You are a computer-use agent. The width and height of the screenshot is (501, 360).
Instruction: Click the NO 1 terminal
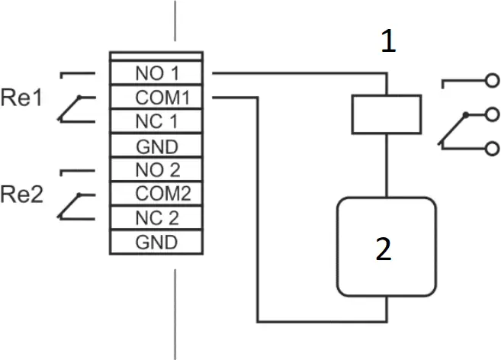[x=156, y=73]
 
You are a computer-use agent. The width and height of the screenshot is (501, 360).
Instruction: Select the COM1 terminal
[x=156, y=98]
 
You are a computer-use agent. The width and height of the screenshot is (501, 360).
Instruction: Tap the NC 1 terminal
[x=156, y=121]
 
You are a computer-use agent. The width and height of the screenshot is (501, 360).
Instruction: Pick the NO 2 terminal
[x=156, y=169]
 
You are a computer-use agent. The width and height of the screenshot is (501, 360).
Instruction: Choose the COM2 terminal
[x=156, y=194]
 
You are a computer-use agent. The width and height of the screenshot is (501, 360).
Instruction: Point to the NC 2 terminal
[x=156, y=218]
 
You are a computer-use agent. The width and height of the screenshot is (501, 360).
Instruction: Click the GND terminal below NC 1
[x=156, y=146]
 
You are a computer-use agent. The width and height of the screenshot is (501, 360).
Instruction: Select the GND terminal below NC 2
[x=156, y=243]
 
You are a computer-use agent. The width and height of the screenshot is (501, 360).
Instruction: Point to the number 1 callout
[x=388, y=43]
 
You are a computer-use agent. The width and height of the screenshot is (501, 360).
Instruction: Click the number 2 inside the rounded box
[x=385, y=249]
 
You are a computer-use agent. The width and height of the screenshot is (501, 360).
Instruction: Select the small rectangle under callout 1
[x=387, y=114]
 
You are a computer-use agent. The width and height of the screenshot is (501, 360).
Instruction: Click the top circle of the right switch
[x=492, y=79]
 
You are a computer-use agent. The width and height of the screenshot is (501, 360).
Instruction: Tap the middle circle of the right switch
[x=492, y=114]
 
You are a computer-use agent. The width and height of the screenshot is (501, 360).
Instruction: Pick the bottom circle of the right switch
[x=492, y=149]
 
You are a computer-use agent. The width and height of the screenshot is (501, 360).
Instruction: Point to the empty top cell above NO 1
[x=156, y=56]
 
